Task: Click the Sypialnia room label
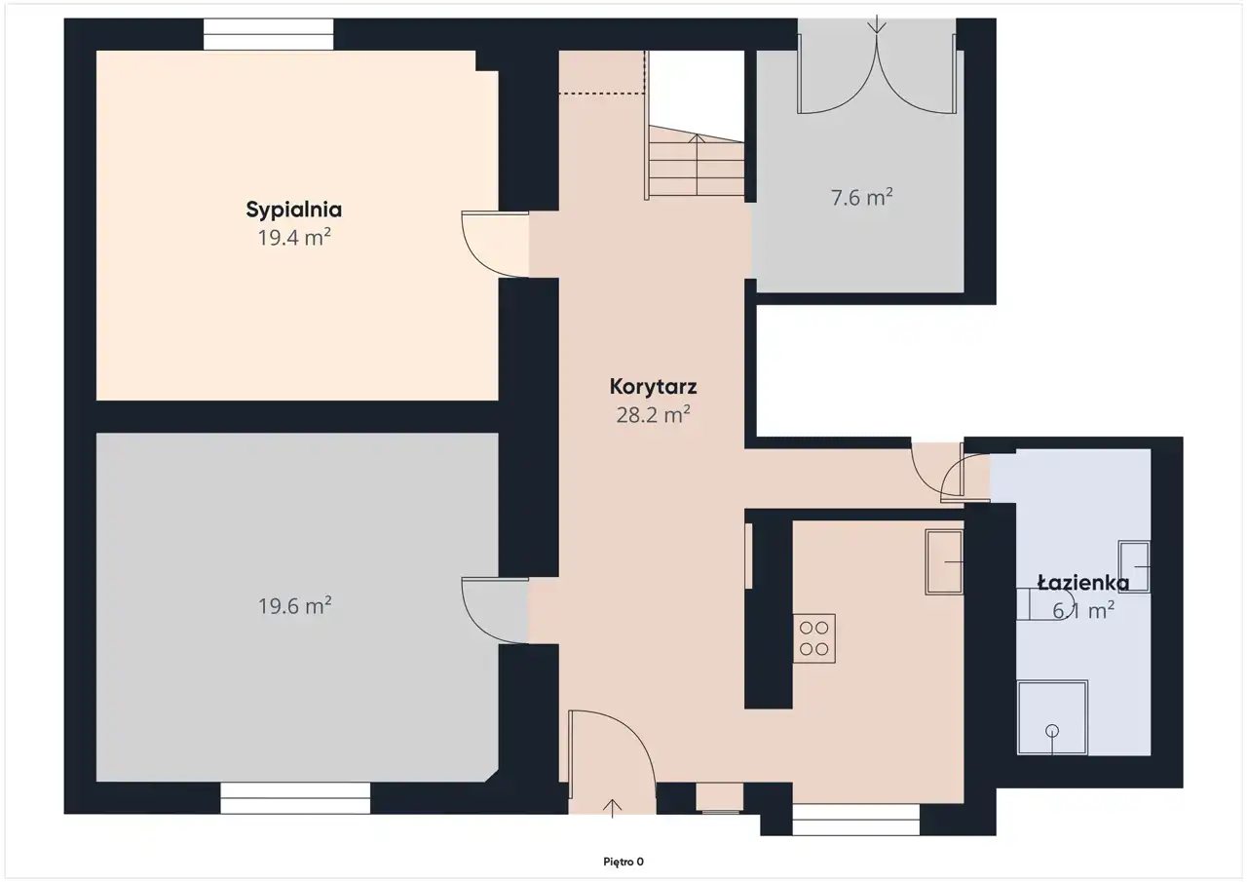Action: pyautogui.click(x=294, y=210)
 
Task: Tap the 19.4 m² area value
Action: pyautogui.click(x=294, y=238)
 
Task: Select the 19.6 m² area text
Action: pyautogui.click(x=294, y=606)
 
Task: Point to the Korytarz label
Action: pyautogui.click(x=653, y=387)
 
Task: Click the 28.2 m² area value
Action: pyautogui.click(x=653, y=415)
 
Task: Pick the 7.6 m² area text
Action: pyautogui.click(x=862, y=198)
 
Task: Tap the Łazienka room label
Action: pyautogui.click(x=1083, y=583)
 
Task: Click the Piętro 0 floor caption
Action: pyautogui.click(x=623, y=862)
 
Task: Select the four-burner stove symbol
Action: pyautogui.click(x=813, y=638)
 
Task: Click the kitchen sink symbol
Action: pyautogui.click(x=944, y=561)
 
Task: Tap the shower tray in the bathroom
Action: pyautogui.click(x=1052, y=717)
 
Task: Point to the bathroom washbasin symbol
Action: pyautogui.click(x=1134, y=566)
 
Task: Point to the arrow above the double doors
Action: pyautogui.click(x=877, y=24)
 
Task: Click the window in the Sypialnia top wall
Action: pyautogui.click(x=268, y=34)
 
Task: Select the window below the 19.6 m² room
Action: pyautogui.click(x=295, y=798)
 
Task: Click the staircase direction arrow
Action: pyautogui.click(x=697, y=165)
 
